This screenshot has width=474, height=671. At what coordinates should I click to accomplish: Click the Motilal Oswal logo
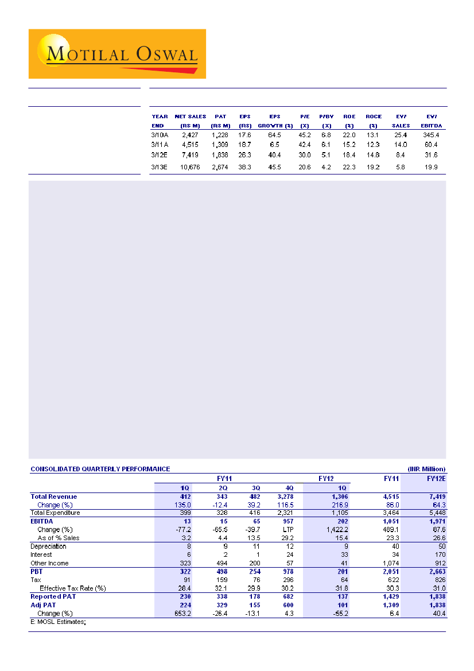click(117, 54)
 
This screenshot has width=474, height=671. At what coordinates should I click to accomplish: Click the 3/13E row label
click(160, 167)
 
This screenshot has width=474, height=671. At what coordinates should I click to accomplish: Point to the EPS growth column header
click(275, 121)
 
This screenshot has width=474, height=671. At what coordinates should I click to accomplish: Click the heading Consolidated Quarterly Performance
click(100, 469)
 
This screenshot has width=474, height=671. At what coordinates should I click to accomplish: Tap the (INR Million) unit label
click(426, 469)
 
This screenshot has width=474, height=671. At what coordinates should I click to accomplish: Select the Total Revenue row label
click(53, 497)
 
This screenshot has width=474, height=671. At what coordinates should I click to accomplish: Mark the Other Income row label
click(49, 563)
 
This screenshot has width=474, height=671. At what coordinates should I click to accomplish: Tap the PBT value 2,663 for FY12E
click(437, 572)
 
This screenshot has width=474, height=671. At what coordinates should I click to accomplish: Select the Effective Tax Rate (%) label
click(73, 588)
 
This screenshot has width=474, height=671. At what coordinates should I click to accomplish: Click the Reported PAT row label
click(53, 597)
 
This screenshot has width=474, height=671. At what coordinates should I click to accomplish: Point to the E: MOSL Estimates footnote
click(58, 622)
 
